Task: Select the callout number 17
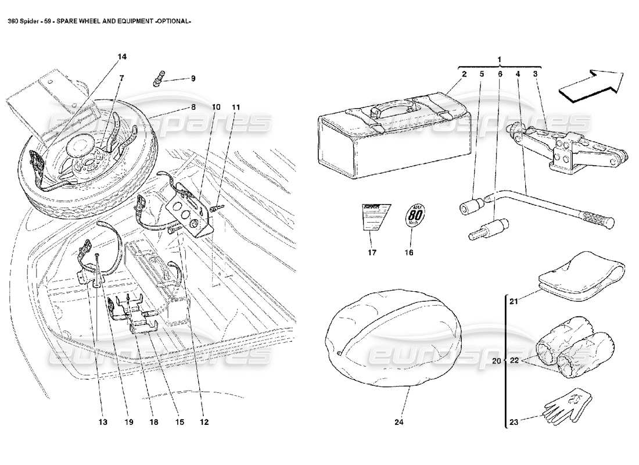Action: (372, 252)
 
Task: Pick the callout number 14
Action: (122, 56)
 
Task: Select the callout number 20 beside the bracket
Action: (496, 361)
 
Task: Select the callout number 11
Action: (236, 108)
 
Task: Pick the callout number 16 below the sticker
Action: (409, 252)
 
